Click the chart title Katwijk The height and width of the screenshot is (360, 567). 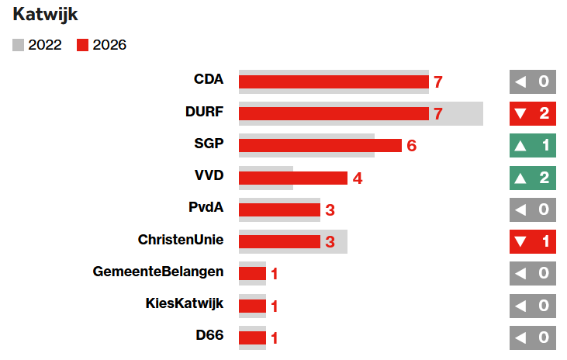point(45,15)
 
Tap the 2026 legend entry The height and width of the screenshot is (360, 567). point(102,45)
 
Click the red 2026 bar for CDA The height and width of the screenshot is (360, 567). point(334,81)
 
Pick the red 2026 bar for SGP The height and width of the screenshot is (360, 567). point(320,145)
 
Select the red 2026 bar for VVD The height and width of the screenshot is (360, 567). point(292,178)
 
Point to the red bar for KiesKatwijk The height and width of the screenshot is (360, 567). point(252,306)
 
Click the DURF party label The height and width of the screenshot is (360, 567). point(205,112)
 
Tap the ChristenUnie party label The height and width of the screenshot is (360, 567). point(181,240)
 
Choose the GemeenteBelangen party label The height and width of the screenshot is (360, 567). point(158,272)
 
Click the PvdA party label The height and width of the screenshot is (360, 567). point(206,208)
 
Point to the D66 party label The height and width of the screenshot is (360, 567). point(209,336)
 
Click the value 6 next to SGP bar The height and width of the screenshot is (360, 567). point(412,146)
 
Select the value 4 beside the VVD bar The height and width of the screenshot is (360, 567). point(358,178)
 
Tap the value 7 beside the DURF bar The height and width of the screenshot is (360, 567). point(438,114)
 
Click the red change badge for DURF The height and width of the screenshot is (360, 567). point(533,113)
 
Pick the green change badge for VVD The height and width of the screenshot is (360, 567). point(533,178)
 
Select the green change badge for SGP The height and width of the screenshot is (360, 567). point(533,145)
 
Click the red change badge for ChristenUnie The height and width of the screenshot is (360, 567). point(533,241)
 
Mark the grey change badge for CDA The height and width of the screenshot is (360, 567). point(533,81)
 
